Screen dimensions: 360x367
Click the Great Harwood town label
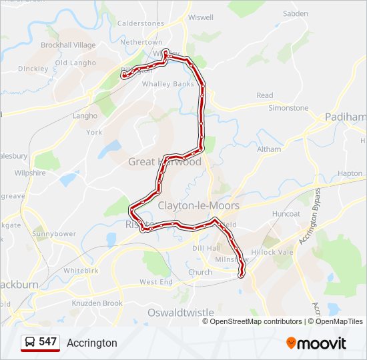point(165,162)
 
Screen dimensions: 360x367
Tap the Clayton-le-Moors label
point(199,205)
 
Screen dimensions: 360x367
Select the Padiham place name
point(346,117)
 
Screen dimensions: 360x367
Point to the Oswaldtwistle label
point(181,312)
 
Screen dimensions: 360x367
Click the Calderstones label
point(140,23)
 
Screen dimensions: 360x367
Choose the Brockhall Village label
point(68,45)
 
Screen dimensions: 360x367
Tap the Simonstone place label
point(288,108)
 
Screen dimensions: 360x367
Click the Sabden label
point(295,13)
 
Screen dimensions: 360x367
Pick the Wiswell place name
point(200,17)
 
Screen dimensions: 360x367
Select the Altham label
point(269,149)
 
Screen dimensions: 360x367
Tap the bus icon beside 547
point(30,342)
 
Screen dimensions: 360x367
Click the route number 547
point(47,342)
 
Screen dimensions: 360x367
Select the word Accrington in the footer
point(92,343)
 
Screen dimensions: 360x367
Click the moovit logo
point(316,343)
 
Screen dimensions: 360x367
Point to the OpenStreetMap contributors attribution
point(256,321)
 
